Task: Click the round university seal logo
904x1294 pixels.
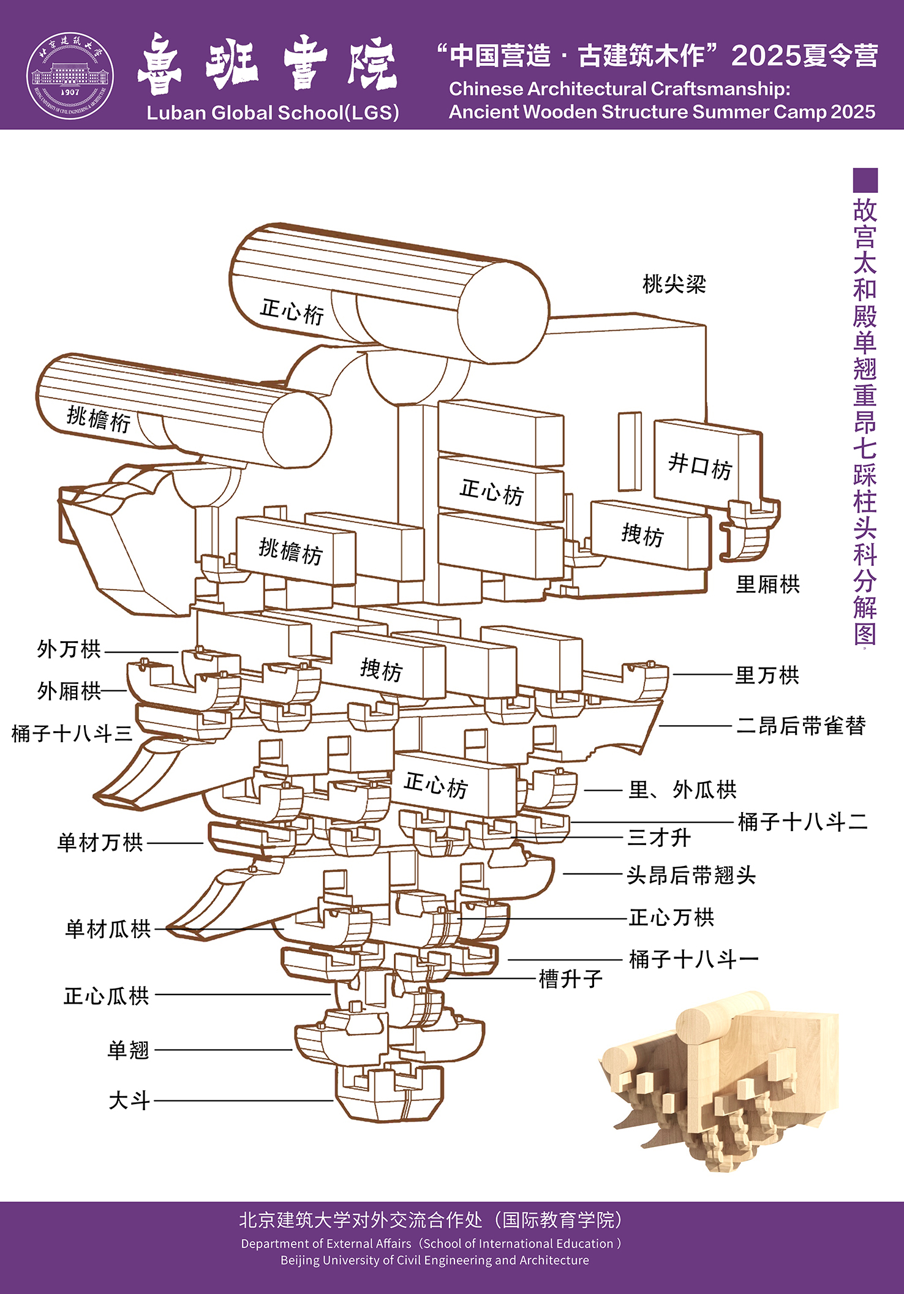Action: (x=70, y=76)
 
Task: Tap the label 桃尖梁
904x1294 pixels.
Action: (x=674, y=284)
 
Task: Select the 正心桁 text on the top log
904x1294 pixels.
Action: (x=292, y=311)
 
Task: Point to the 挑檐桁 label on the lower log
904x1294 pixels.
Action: (x=99, y=419)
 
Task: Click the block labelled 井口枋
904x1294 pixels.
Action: (x=700, y=465)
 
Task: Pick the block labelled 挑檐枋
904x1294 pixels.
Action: (x=291, y=551)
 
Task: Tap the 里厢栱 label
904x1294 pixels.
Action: (x=767, y=585)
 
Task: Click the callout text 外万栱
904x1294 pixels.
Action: (x=69, y=649)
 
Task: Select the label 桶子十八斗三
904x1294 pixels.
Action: (x=72, y=734)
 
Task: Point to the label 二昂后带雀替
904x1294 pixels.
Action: (x=801, y=726)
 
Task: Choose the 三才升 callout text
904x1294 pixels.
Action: (x=659, y=838)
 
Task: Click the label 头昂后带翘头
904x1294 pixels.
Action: (x=691, y=875)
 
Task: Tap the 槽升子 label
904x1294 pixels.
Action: (x=571, y=979)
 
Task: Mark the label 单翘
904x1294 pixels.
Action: (x=129, y=1050)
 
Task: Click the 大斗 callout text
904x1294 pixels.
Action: (x=129, y=1100)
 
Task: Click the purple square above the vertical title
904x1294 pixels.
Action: (x=865, y=180)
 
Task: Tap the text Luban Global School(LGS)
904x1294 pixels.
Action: (x=273, y=113)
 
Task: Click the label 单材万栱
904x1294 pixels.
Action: (x=100, y=843)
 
